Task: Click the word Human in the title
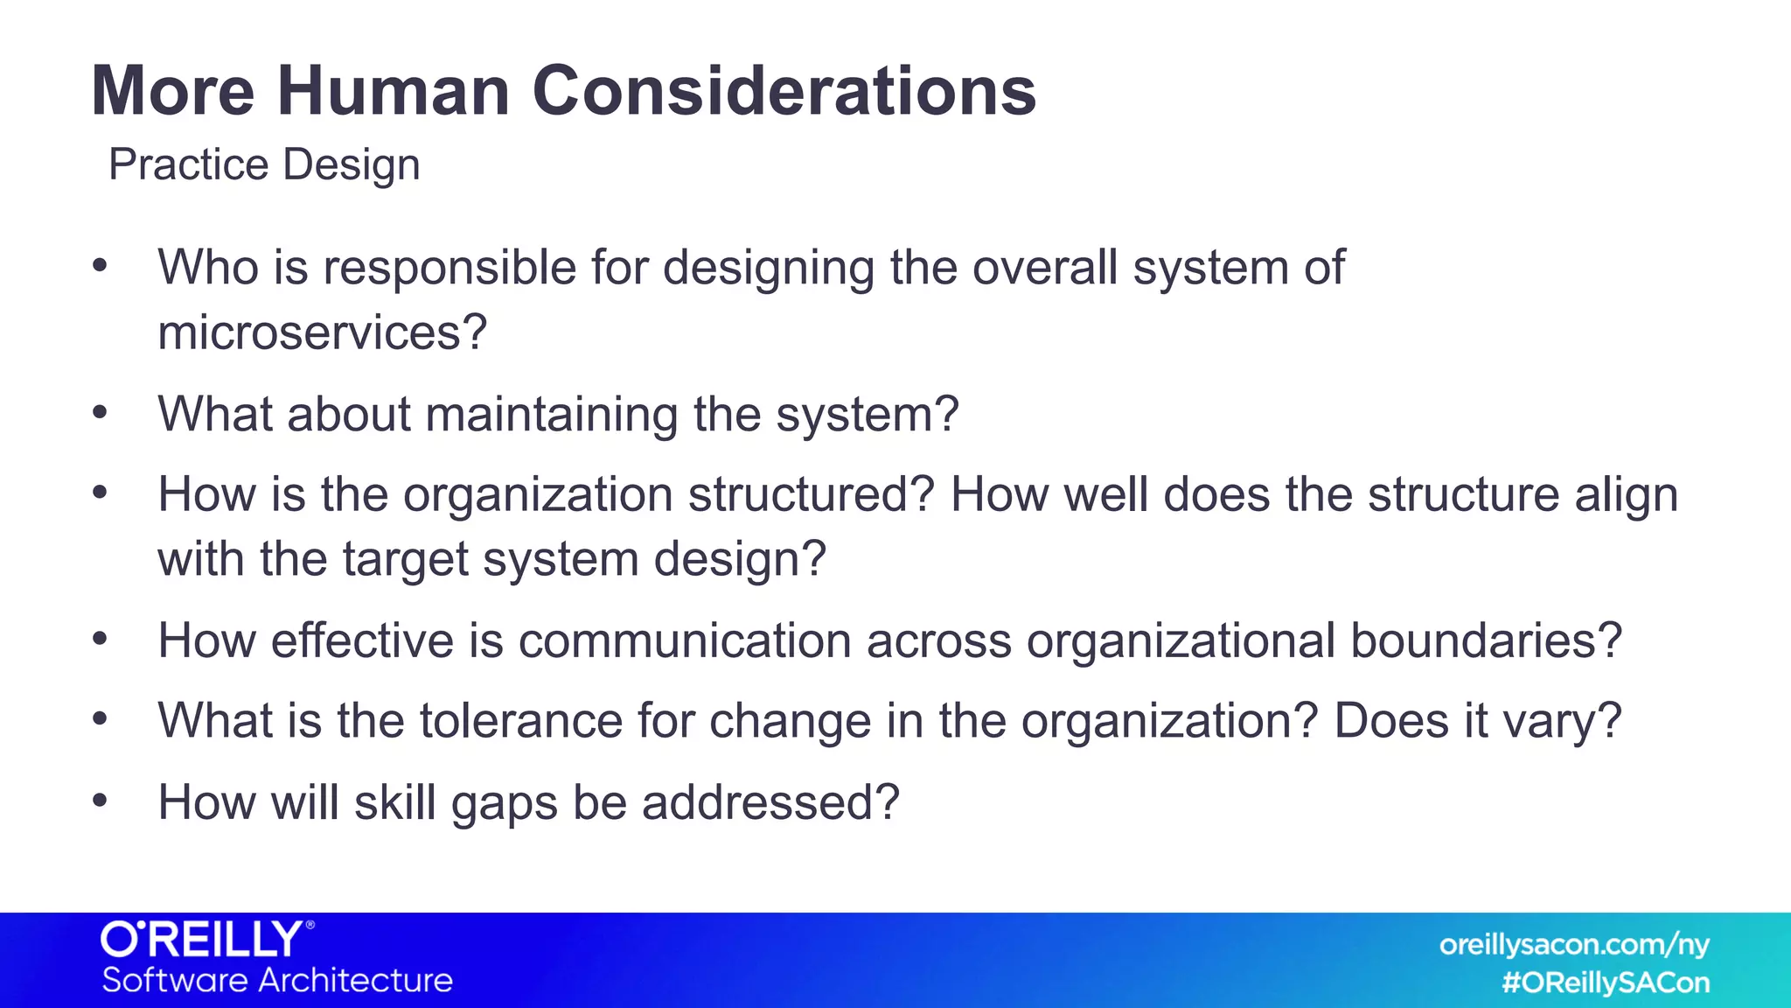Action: [394, 91]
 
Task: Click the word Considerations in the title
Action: [784, 91]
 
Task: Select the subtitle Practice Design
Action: [264, 164]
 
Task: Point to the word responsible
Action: [449, 267]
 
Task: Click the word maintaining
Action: [551, 414]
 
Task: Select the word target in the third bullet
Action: [405, 559]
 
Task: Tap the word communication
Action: [685, 640]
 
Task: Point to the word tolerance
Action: [520, 721]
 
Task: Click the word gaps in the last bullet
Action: [504, 803]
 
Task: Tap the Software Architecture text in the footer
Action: [277, 980]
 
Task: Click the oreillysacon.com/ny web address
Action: [1573, 945]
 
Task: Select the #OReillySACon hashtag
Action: [1606, 983]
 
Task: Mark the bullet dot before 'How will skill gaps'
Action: [100, 800]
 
